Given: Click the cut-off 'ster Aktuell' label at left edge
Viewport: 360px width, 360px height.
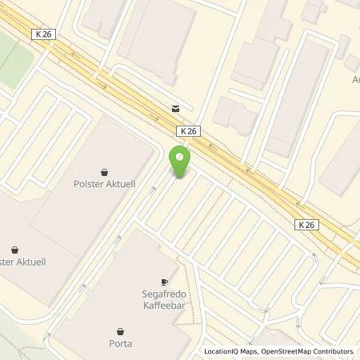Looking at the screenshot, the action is [x=15, y=260].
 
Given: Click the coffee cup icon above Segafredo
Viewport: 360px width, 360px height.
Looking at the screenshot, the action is [x=163, y=282].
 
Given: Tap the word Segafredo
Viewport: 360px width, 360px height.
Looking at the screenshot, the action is [x=163, y=294].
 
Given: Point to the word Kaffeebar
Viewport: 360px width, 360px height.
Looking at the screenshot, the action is [x=163, y=305].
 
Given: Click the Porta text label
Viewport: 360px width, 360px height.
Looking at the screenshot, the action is [x=121, y=343].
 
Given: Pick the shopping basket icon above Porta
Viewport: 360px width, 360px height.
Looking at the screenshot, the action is [x=121, y=331].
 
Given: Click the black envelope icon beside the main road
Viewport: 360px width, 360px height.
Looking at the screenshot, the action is [x=175, y=108].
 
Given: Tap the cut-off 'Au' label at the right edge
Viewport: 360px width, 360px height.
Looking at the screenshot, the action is [x=355, y=80].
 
